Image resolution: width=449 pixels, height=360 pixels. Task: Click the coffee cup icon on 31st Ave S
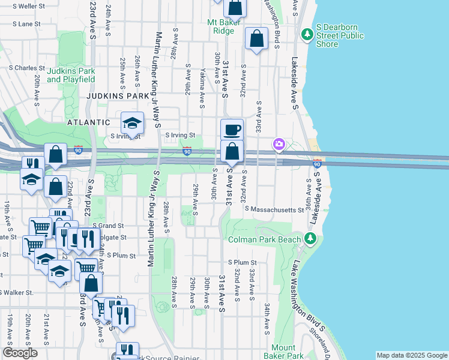click(x=232, y=130)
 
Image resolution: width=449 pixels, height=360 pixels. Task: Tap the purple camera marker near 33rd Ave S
click(x=279, y=143)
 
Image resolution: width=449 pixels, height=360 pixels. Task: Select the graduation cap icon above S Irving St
click(x=132, y=123)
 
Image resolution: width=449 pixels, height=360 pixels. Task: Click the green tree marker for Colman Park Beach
click(x=310, y=239)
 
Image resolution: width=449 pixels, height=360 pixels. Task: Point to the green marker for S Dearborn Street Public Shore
click(x=307, y=35)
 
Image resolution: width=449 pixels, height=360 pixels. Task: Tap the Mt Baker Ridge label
click(x=224, y=27)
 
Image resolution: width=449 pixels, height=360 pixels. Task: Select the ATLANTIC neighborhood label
click(x=89, y=121)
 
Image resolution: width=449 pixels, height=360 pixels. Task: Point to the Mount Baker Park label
click(x=283, y=352)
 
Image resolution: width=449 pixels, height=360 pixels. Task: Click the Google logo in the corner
click(x=20, y=353)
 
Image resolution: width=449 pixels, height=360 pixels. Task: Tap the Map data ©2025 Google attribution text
click(x=411, y=355)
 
